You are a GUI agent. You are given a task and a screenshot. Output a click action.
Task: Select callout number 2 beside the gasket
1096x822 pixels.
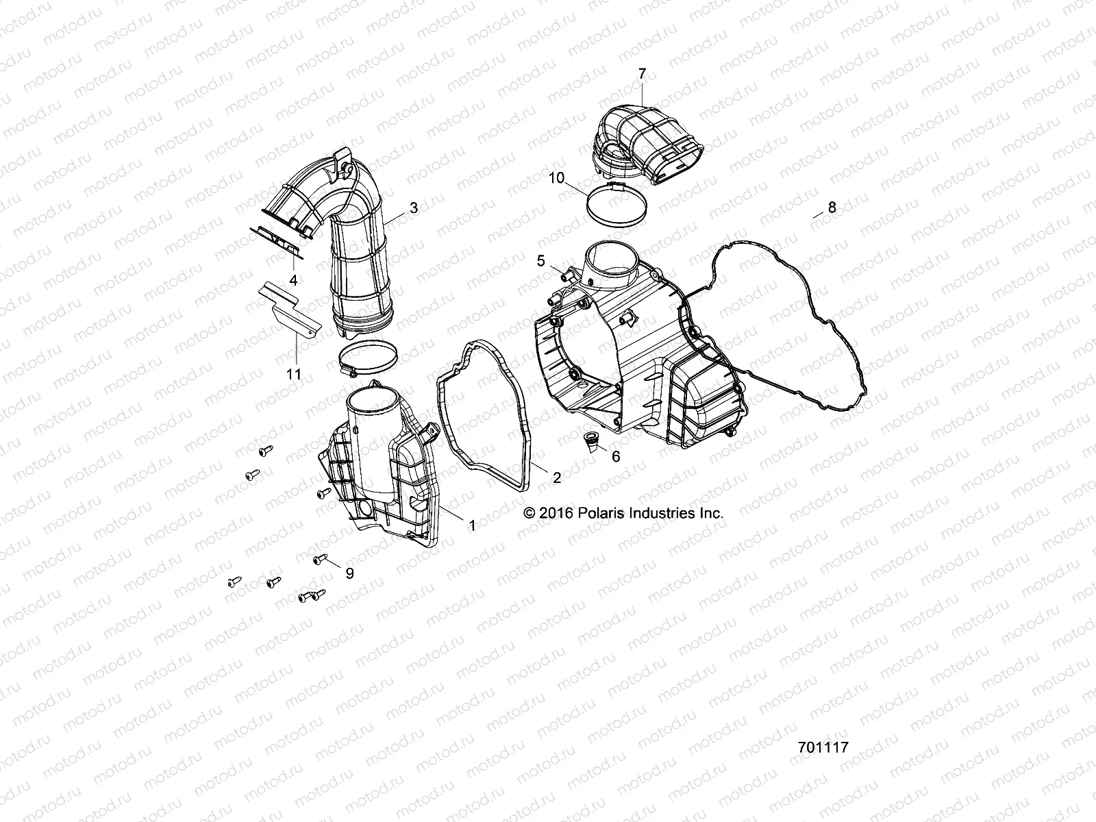pyautogui.click(x=556, y=478)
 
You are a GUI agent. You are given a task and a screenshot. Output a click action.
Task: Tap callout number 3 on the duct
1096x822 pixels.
pyautogui.click(x=413, y=208)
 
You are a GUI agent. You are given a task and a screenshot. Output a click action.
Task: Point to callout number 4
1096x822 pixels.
pyautogui.click(x=294, y=279)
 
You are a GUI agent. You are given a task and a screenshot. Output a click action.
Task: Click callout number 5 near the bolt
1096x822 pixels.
pyautogui.click(x=541, y=260)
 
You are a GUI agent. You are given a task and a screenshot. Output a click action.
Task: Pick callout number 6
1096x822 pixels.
pyautogui.click(x=616, y=456)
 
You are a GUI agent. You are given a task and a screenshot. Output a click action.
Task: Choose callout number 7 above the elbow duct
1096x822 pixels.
pyautogui.click(x=642, y=73)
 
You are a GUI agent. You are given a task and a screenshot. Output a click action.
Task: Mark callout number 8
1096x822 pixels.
pyautogui.click(x=832, y=208)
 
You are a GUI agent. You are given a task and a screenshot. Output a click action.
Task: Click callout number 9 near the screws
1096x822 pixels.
pyautogui.click(x=349, y=573)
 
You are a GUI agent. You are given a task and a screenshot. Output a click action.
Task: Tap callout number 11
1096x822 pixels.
pyautogui.click(x=294, y=373)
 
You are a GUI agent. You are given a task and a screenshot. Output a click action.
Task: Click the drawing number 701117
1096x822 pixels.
pyautogui.click(x=823, y=747)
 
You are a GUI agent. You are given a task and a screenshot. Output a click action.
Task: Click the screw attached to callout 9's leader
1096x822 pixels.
pyautogui.click(x=319, y=560)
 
